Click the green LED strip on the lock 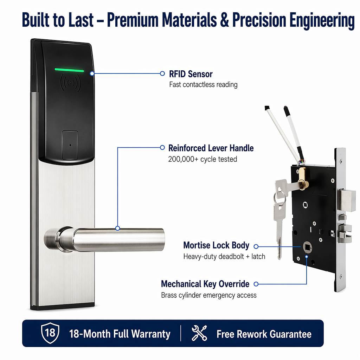(x=69, y=70)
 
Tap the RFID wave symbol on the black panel (x=70, y=83)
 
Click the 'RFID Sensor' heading (x=191, y=74)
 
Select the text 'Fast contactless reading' (x=203, y=85)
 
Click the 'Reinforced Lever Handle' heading (x=211, y=148)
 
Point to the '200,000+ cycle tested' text (x=202, y=159)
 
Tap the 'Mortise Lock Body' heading (x=216, y=245)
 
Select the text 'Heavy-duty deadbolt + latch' (x=224, y=256)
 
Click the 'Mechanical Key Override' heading (x=205, y=284)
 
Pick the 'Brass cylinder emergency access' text (x=209, y=295)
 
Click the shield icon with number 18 (x=50, y=333)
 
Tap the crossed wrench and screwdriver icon (x=199, y=333)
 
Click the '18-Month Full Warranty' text (x=120, y=334)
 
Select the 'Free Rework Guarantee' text (x=264, y=334)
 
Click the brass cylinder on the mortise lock (x=303, y=178)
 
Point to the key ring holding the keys (x=280, y=199)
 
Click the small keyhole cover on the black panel (x=70, y=145)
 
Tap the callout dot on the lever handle (x=117, y=228)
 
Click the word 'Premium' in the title (x=133, y=20)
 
